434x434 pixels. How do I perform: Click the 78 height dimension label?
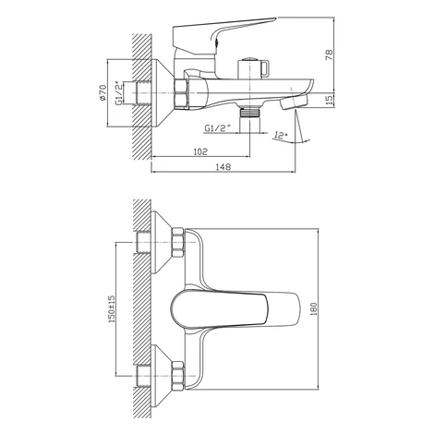coord(329,54)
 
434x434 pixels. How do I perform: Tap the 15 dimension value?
coord(329,100)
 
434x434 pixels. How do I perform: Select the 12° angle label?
coord(280,135)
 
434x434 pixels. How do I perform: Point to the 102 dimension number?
coord(200,151)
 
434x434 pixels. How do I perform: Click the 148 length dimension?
coord(223,167)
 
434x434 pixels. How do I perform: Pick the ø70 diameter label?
coord(102,92)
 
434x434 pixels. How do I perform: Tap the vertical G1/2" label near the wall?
coord(118,93)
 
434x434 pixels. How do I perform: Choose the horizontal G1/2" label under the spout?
coord(218,128)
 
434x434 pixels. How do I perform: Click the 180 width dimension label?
coord(313,309)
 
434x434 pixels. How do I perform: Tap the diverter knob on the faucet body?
coord(254,67)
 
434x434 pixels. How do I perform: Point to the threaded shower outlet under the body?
coord(250,112)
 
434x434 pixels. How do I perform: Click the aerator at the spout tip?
coord(294,102)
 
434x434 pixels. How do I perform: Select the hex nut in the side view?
coord(181,94)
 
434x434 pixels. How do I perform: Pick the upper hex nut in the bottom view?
coord(178,243)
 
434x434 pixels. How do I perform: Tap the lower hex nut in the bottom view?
coord(178,376)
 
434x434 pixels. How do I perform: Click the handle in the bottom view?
coord(235,309)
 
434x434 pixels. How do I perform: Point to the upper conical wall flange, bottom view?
coord(162,243)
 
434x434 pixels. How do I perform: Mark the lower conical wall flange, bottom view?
coord(162,376)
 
